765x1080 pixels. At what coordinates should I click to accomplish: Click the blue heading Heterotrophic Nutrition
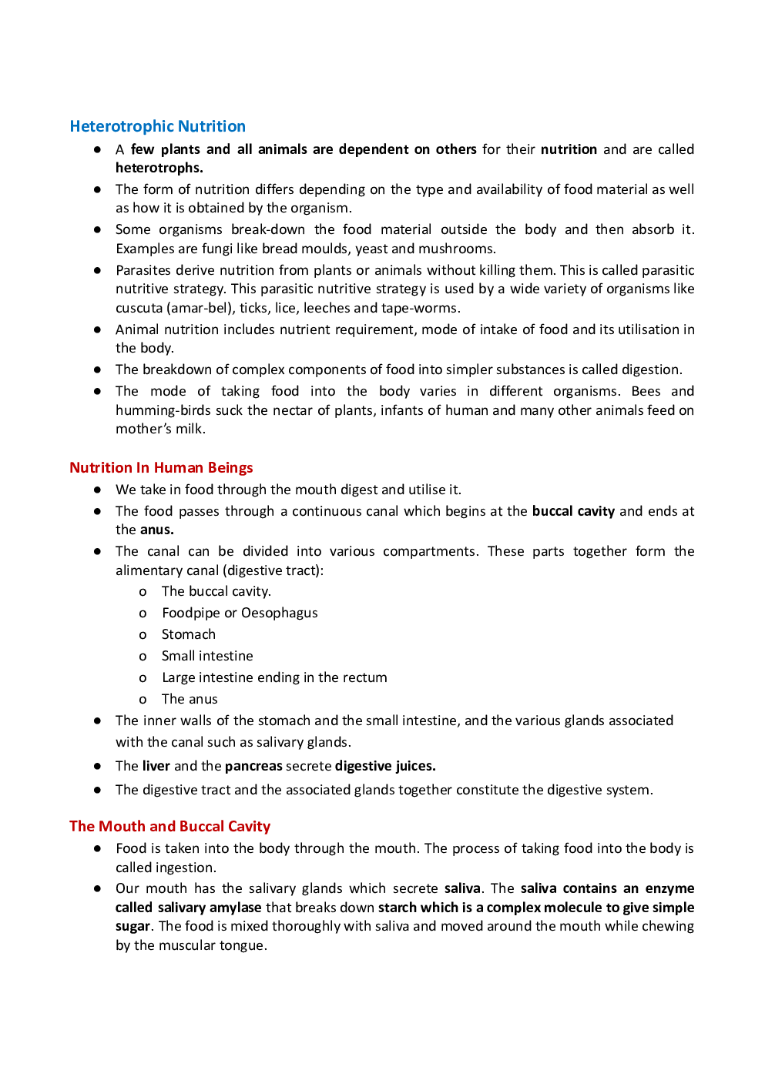[x=157, y=126]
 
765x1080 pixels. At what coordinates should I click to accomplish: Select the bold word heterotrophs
[x=159, y=168]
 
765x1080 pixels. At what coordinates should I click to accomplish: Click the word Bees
[x=646, y=391]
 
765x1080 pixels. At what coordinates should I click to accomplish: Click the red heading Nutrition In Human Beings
[x=161, y=468]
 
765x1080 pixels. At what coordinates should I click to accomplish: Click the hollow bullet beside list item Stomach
[x=143, y=635]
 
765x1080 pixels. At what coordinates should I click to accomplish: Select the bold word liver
[x=156, y=766]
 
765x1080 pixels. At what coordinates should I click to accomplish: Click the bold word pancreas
[x=253, y=766]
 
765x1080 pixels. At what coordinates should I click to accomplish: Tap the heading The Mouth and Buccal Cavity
[x=169, y=827]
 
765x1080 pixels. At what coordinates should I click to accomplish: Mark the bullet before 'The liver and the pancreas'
[x=98, y=766]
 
